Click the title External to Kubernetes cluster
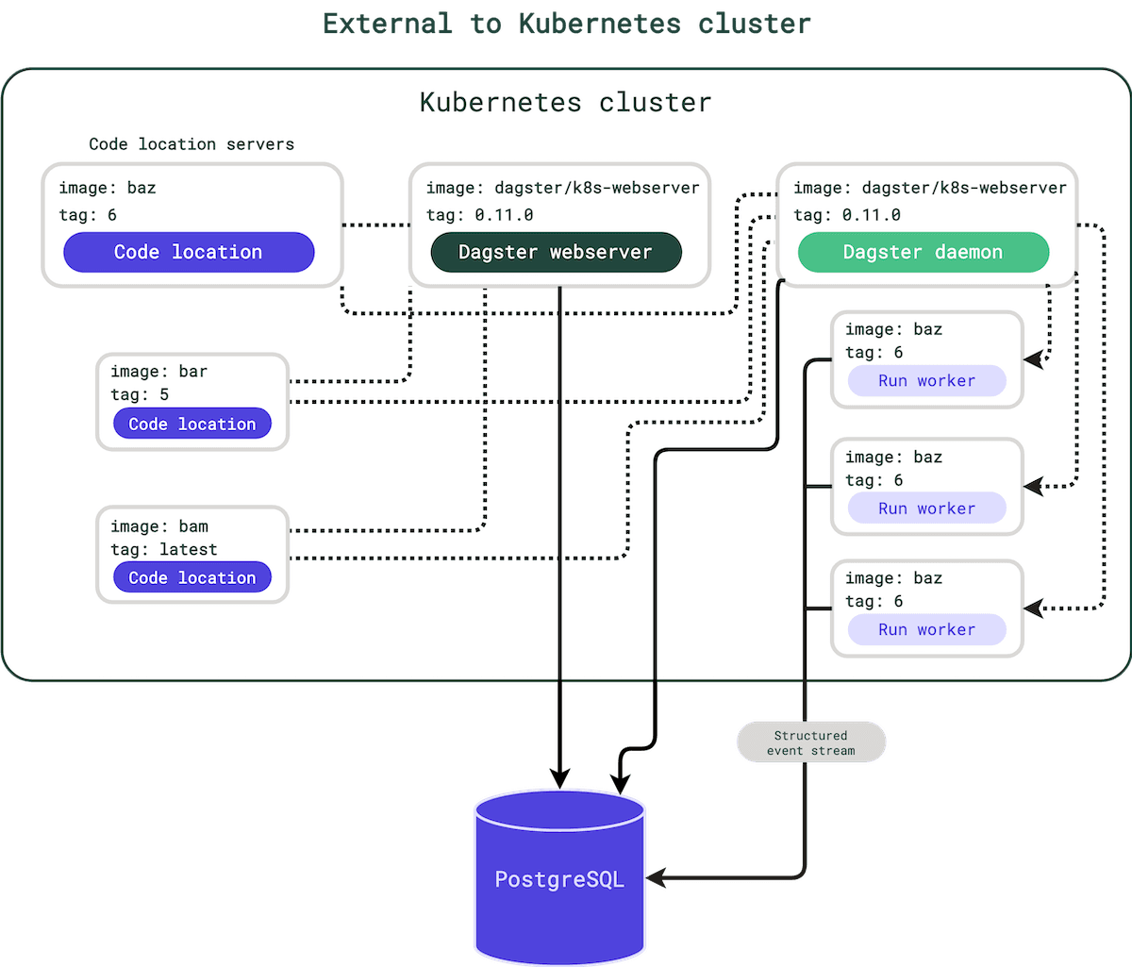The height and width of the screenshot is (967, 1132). (x=566, y=23)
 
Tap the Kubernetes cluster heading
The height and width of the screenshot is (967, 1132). (x=565, y=102)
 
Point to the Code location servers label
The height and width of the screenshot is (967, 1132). (x=191, y=144)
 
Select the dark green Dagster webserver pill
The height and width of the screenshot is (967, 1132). (x=556, y=252)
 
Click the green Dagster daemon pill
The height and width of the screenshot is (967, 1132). (x=923, y=252)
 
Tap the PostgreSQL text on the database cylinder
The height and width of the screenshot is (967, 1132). (x=559, y=879)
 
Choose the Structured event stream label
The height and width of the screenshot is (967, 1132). (x=810, y=742)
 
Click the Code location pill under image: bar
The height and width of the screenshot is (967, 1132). (x=191, y=424)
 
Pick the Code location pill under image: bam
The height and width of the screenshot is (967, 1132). (x=191, y=577)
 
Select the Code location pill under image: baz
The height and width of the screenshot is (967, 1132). (x=189, y=252)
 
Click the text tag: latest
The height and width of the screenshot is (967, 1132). (x=164, y=549)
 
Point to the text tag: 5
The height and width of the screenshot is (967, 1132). (x=140, y=394)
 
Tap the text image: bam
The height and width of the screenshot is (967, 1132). (x=159, y=526)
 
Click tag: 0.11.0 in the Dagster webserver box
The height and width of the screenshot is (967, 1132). (x=479, y=215)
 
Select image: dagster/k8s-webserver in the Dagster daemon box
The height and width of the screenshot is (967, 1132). (x=929, y=188)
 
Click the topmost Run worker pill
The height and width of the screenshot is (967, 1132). (x=926, y=380)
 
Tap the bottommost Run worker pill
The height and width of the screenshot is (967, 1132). (x=926, y=629)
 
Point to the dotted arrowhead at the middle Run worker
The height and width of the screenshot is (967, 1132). (x=1035, y=487)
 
